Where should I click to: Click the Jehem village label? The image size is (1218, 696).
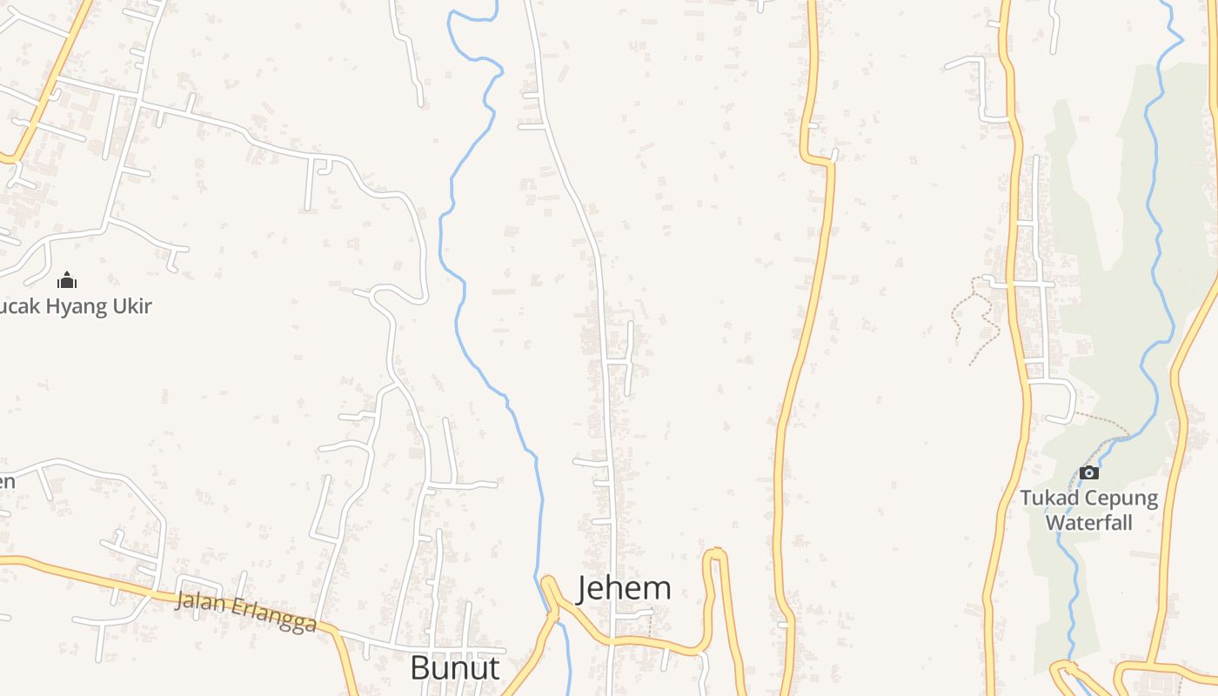click(624, 588)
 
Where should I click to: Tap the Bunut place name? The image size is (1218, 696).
click(454, 668)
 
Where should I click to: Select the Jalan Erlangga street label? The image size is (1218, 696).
click(245, 612)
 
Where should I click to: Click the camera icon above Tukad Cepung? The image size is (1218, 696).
click(1088, 472)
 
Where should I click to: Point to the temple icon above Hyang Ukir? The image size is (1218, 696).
click(67, 280)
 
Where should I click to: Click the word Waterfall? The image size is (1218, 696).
click(1088, 523)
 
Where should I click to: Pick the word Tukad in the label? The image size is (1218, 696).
click(1047, 499)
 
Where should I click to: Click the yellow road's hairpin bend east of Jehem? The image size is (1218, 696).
click(715, 552)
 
